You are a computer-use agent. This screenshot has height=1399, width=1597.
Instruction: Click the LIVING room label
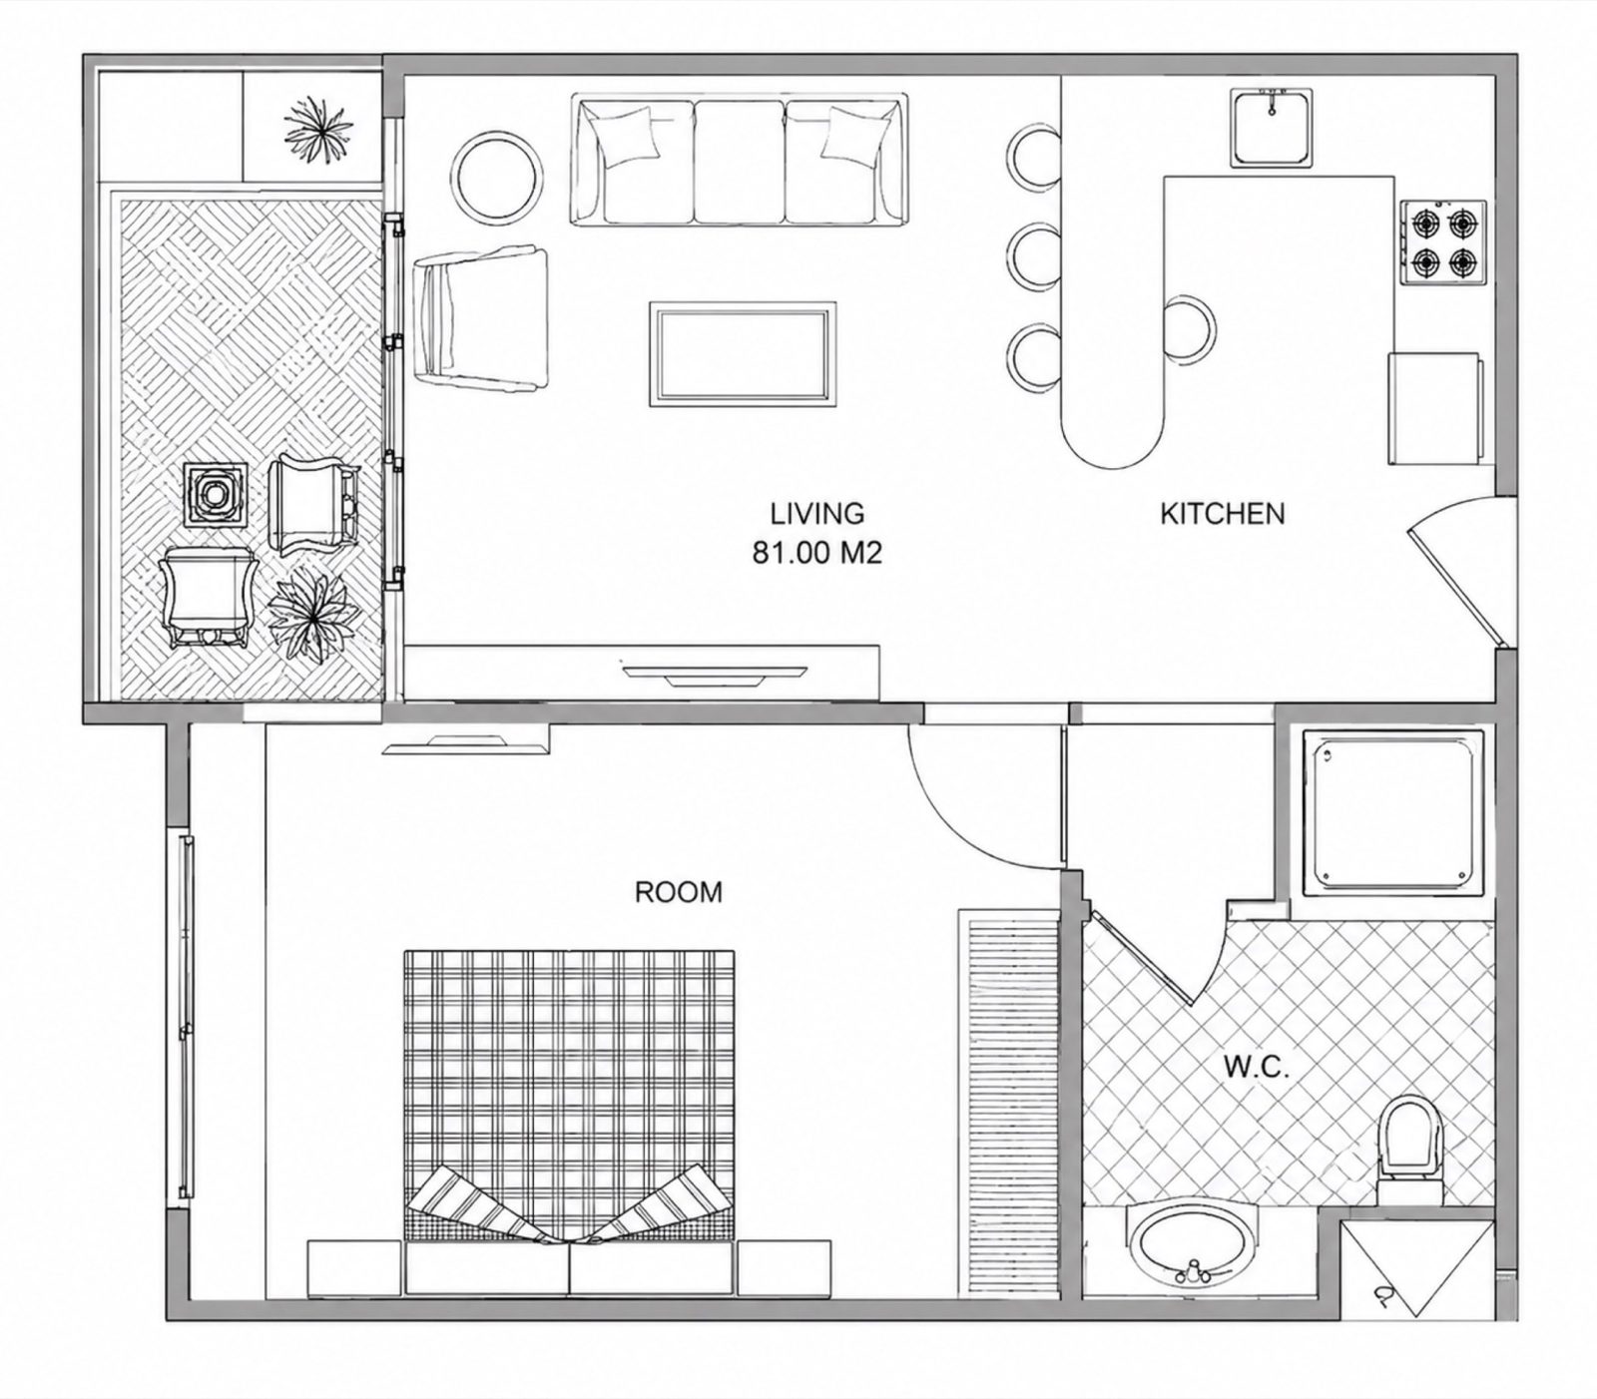(816, 514)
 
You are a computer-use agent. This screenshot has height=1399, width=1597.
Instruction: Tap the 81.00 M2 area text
(816, 553)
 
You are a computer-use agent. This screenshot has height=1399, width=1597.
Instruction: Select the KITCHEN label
(1222, 514)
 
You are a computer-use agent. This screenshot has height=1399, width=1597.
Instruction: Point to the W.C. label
(1257, 1069)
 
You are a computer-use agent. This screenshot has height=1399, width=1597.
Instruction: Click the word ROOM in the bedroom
(679, 891)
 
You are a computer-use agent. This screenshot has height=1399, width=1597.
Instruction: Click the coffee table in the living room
(740, 354)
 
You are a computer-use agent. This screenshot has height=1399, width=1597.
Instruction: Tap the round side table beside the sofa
(498, 175)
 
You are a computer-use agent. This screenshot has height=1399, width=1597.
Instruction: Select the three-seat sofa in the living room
(740, 159)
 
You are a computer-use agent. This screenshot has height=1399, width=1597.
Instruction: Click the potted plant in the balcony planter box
(317, 129)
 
